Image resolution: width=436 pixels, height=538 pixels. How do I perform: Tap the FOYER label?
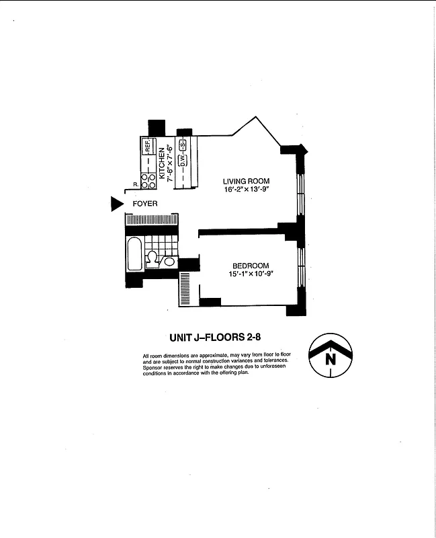(x=145, y=203)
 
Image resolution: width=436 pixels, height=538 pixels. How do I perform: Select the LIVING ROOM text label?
(x=246, y=182)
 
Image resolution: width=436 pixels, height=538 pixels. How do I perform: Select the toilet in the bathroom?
(x=153, y=258)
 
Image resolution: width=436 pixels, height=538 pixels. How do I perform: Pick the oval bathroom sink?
(x=169, y=262)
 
